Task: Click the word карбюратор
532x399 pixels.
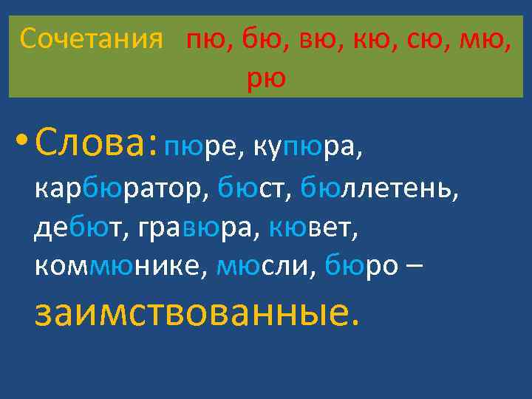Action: coord(120,189)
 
